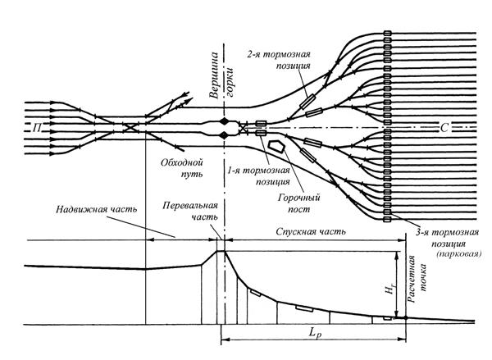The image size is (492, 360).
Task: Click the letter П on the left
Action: pos(37,128)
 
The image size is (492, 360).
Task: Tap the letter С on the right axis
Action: pos(444,128)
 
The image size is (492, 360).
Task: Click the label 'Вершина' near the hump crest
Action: pos(214,76)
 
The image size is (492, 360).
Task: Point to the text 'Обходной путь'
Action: pos(182,168)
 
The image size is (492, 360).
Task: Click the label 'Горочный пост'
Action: pos(299,203)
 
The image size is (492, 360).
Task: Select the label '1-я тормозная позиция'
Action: pos(259,176)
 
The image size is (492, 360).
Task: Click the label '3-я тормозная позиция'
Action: pos(448,238)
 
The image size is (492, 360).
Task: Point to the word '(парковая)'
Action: pos(458,253)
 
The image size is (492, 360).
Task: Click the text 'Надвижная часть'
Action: pos(96,209)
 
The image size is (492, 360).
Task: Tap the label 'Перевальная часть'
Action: pos(190,211)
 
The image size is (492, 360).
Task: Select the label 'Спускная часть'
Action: pos(311,231)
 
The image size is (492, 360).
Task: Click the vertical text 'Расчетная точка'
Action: pos(417,279)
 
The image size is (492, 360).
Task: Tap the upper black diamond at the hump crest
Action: pos(224,121)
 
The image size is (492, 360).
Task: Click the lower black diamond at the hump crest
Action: pos(224,135)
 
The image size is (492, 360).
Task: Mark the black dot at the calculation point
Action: pos(406,318)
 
